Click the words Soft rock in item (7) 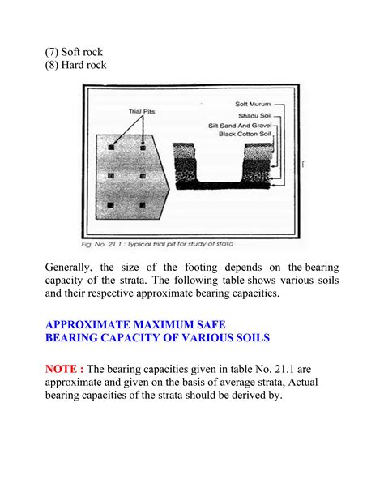(x=84, y=51)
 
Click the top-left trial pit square (x=111, y=147)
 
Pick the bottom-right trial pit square (x=143, y=204)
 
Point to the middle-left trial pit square (x=111, y=175)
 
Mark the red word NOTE (x=63, y=368)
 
